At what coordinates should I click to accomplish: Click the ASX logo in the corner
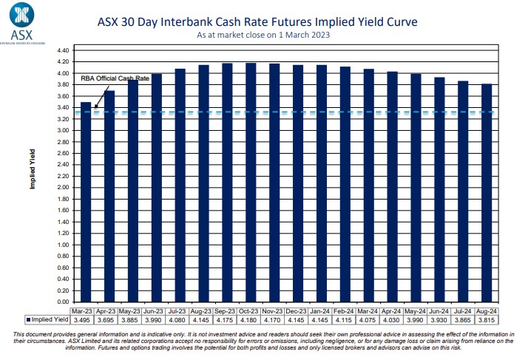tap(21, 23)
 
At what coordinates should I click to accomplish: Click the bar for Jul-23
tap(180, 185)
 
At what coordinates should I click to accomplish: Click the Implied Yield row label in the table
tap(48, 320)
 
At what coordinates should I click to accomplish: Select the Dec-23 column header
tap(297, 311)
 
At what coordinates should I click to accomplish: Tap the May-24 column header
tap(415, 311)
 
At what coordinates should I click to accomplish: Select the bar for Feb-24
tap(345, 184)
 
